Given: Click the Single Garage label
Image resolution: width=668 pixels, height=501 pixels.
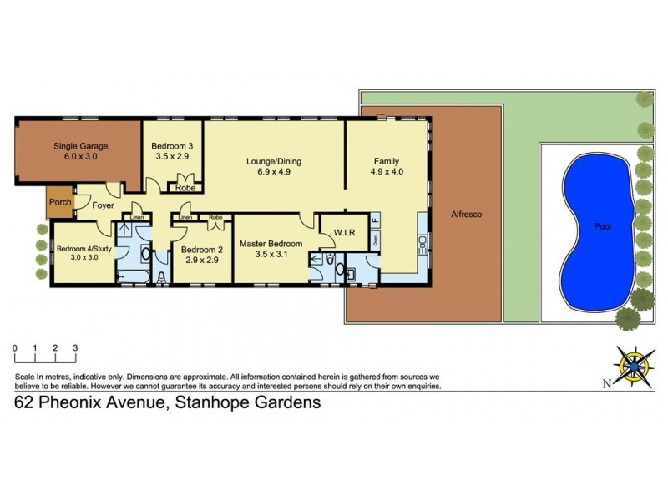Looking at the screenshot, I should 82,145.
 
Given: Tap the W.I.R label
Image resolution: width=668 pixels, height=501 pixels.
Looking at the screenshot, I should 345,233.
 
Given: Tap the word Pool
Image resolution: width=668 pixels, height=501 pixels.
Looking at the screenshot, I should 602,225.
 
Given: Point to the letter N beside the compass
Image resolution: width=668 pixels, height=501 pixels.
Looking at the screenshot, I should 605,384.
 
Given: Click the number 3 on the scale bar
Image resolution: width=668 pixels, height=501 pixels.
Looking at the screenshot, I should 75,347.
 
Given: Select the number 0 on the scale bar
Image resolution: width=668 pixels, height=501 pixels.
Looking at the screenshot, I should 15,347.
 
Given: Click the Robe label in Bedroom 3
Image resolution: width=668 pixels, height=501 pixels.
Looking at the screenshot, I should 185,188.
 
